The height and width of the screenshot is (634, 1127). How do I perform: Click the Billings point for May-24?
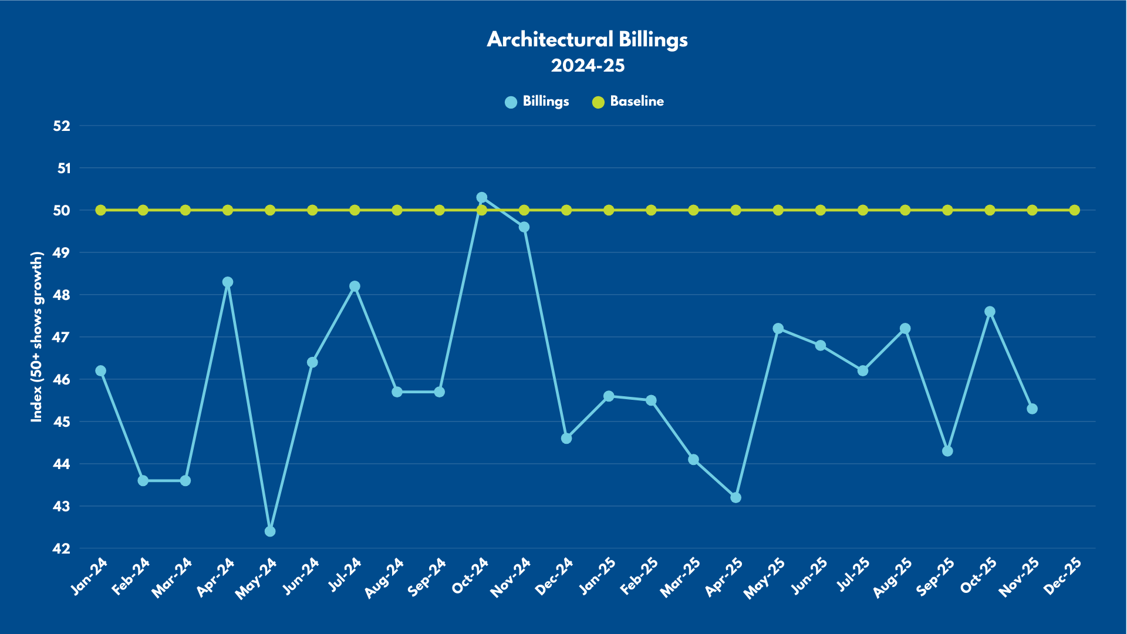click(270, 531)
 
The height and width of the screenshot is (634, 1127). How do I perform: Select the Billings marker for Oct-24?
click(482, 197)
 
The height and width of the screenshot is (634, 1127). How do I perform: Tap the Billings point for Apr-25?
click(735, 497)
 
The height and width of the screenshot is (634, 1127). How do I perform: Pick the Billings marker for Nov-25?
click(1032, 409)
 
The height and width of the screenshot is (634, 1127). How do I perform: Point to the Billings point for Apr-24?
click(228, 282)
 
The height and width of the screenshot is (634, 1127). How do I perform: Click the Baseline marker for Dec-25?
click(1074, 210)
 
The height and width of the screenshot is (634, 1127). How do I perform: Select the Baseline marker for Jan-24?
click(101, 210)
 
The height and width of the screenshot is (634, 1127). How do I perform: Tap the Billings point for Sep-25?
click(947, 451)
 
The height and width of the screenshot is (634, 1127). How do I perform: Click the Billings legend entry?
click(537, 102)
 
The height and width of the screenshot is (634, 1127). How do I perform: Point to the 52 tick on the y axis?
click(62, 126)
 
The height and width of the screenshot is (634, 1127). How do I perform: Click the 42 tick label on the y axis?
click(62, 548)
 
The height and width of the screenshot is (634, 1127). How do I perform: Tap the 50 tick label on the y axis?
click(62, 210)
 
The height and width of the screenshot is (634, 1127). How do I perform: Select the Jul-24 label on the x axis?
click(345, 576)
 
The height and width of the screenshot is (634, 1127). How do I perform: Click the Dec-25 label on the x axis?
click(1064, 576)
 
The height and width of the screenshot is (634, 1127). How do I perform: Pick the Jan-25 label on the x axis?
click(598, 576)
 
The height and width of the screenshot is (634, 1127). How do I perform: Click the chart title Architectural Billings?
click(587, 39)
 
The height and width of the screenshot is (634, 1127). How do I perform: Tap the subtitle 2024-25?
click(588, 65)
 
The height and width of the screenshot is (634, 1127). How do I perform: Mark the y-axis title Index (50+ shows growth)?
click(37, 336)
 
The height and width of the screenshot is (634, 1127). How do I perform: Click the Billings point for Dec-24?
click(566, 438)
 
